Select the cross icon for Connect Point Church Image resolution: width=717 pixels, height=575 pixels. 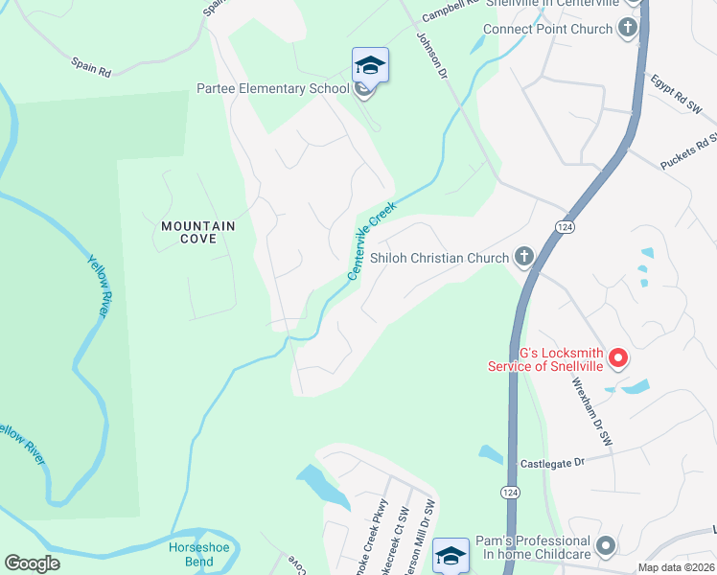pos(628,27)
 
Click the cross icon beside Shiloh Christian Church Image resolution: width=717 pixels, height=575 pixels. pos(523,256)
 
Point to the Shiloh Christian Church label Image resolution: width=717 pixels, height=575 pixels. pos(439,258)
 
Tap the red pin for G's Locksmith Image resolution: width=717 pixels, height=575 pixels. pos(618,359)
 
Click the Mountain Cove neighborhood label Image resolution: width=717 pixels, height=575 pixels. pos(197,232)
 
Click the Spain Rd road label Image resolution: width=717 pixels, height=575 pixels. pos(91,66)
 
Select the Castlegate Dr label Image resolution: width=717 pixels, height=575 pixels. pos(552,464)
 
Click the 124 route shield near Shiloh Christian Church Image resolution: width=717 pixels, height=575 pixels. pos(566,226)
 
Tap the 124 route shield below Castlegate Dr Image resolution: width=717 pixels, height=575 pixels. pos(509,491)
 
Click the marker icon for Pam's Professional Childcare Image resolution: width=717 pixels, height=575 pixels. pos(605,547)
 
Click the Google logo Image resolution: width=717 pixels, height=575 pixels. pos(32,563)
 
